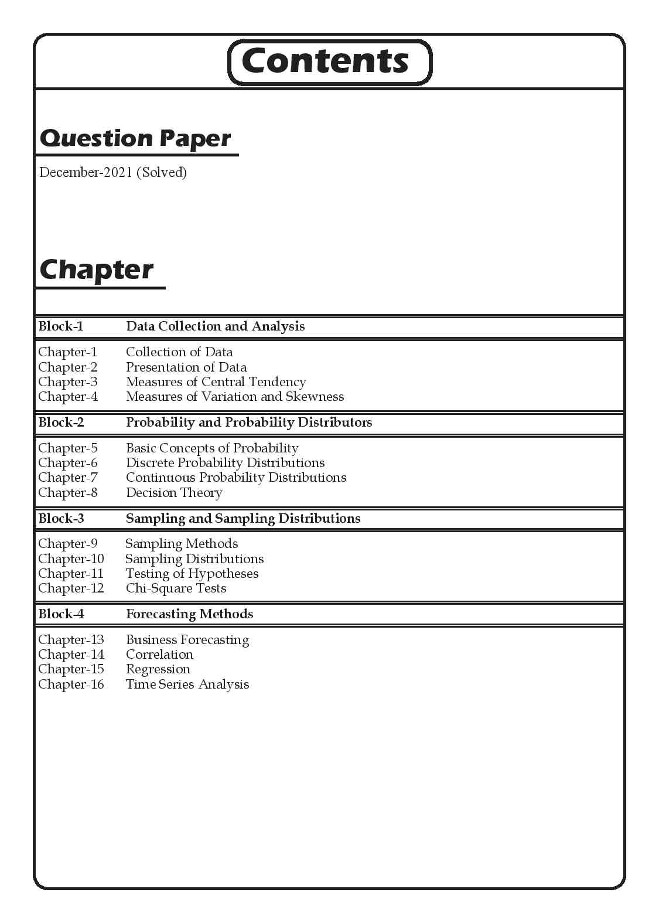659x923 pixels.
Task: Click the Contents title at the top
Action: (x=325, y=61)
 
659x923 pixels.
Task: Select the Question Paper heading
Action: (x=135, y=138)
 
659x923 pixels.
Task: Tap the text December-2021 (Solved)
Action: (x=112, y=172)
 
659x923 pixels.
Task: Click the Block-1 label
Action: (x=61, y=326)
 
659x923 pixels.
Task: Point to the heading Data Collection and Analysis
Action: (x=215, y=326)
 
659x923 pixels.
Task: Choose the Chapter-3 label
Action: (x=68, y=382)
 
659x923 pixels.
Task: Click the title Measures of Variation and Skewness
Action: (x=234, y=397)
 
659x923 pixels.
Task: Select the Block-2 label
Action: (x=61, y=423)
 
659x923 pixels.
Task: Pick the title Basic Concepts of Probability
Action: (x=212, y=448)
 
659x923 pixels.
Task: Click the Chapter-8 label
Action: (x=68, y=493)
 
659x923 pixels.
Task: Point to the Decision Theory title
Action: (x=174, y=493)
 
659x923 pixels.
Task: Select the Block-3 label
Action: (x=61, y=519)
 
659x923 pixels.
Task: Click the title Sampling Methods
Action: (x=182, y=544)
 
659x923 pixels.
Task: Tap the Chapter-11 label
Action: (x=71, y=574)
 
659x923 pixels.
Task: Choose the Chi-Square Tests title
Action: (x=176, y=588)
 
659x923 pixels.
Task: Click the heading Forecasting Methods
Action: (x=189, y=614)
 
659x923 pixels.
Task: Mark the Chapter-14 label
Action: (x=71, y=655)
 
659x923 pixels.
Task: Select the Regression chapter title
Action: (x=158, y=669)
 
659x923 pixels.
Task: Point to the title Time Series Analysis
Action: (x=187, y=684)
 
